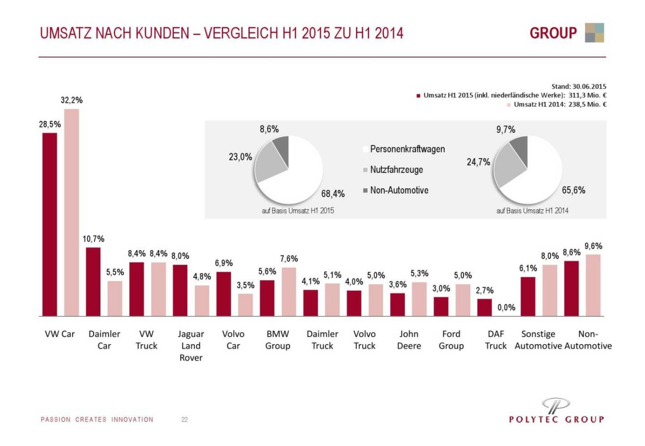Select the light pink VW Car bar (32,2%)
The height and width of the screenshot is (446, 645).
(x=72, y=212)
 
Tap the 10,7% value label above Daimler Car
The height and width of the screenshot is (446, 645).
(x=93, y=239)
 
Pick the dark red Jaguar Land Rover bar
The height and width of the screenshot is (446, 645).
(x=180, y=290)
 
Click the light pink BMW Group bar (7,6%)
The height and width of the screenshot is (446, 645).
(x=289, y=292)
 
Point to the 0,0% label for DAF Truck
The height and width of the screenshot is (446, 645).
(x=506, y=308)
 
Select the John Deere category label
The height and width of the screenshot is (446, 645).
(x=409, y=340)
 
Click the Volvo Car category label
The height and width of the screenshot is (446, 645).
(x=233, y=340)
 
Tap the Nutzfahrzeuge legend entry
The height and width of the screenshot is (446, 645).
(x=396, y=170)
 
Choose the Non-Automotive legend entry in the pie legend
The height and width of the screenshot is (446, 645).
(x=399, y=191)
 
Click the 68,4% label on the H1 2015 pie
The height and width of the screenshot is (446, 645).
(x=333, y=194)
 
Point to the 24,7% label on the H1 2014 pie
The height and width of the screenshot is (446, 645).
(x=478, y=162)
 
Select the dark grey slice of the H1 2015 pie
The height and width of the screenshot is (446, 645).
(x=281, y=144)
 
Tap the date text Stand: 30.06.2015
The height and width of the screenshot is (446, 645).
(x=579, y=86)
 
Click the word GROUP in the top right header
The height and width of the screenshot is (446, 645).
(x=553, y=33)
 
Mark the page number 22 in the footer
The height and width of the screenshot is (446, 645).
(x=185, y=420)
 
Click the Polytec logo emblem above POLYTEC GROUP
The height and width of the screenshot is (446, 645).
(x=556, y=405)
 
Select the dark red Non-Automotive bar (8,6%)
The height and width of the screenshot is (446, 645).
(x=571, y=289)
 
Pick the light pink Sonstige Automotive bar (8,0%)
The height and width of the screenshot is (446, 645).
(x=550, y=290)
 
